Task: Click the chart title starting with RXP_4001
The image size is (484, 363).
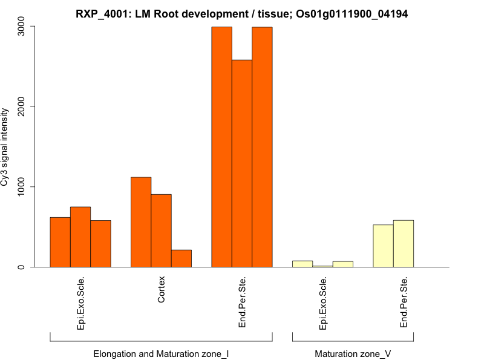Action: point(242,14)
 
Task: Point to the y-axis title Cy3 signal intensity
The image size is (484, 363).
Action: point(5,147)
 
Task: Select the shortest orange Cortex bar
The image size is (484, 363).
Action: point(181,258)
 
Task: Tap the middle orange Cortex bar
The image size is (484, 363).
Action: point(161,231)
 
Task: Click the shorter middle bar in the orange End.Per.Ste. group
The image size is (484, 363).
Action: point(242,163)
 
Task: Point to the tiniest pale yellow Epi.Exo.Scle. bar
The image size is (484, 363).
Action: point(322,266)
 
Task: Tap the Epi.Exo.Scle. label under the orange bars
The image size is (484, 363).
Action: point(80,302)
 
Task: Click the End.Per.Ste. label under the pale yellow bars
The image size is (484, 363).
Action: point(404,302)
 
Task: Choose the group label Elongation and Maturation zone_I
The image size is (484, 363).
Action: point(161,353)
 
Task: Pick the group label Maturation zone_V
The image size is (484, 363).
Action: point(353,353)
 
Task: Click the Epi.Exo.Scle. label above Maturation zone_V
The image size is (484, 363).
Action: point(322,302)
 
